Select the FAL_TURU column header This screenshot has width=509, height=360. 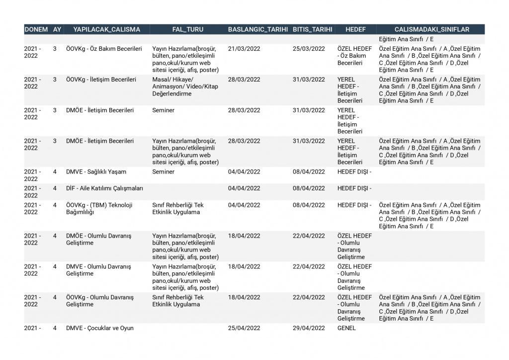click(187, 29)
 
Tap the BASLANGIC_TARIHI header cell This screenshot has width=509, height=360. click(258, 29)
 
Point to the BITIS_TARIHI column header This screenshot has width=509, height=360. click(312, 29)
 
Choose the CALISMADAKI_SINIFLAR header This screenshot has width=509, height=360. click(431, 29)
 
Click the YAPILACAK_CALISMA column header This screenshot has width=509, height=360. click(107, 29)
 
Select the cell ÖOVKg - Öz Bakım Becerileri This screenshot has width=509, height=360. click(104, 49)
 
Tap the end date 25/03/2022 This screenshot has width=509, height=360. click(309, 49)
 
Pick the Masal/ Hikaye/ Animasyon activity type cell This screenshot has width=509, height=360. click(185, 87)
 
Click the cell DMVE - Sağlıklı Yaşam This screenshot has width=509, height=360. click(96, 172)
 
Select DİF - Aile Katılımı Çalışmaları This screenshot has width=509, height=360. click(104, 188)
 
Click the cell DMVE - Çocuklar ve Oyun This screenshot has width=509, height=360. click(100, 328)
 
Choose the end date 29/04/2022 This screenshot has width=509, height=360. click(309, 328)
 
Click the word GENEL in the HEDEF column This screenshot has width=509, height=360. click(346, 328)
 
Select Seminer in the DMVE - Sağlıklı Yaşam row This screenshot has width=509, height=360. click(164, 172)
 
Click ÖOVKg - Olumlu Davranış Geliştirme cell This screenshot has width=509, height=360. click(100, 301)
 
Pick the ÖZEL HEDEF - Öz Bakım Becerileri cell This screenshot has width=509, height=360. click(354, 56)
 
